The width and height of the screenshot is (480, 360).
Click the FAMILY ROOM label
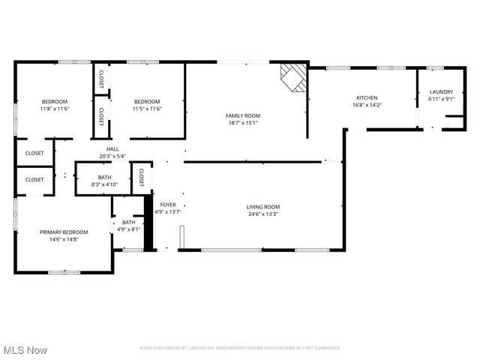[243, 115]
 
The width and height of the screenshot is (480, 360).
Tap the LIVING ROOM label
[263, 207]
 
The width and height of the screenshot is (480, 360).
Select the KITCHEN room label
[367, 98]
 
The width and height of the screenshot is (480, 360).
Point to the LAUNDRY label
[441, 92]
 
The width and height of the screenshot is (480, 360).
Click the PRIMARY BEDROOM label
[64, 232]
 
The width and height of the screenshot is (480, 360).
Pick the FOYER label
[167, 205]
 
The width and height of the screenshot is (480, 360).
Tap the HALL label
[112, 149]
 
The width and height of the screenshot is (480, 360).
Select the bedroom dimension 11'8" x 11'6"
[54, 109]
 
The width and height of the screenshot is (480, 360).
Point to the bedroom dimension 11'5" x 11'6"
[147, 109]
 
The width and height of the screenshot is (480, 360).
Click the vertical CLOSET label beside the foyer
[141, 177]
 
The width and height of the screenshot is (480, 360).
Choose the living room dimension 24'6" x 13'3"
[263, 214]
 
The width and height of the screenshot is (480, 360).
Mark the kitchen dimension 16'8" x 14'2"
[367, 105]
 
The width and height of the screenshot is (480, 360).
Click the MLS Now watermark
[25, 350]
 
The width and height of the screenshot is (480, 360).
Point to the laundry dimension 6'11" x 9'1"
[441, 99]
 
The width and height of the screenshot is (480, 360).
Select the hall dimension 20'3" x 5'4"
[112, 156]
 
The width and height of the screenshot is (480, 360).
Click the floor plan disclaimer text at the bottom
[240, 348]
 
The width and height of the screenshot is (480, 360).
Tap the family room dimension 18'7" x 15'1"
[243, 123]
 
